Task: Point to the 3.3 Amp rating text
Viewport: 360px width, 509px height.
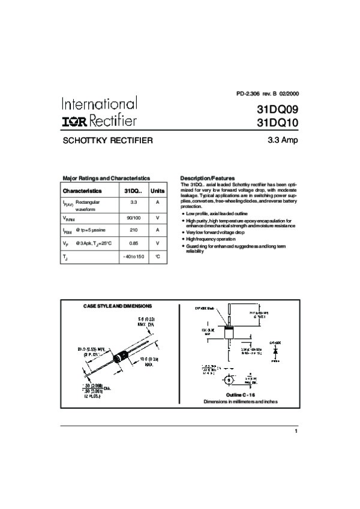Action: [x=282, y=141]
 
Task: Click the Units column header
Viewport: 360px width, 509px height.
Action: [x=157, y=190]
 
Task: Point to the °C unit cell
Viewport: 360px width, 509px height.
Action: [x=157, y=257]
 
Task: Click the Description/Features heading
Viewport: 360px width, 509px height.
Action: [x=207, y=178]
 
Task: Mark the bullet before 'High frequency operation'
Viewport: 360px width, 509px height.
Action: [x=182, y=239]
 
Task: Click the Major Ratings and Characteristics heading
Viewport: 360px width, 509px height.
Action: [x=106, y=178]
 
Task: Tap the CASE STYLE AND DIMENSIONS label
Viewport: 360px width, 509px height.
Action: [x=117, y=306]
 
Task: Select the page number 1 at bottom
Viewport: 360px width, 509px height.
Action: [x=296, y=431]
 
